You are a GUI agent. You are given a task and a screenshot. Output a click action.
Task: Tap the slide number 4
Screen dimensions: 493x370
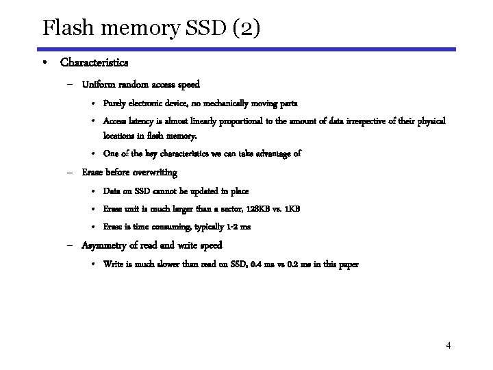pyautogui.click(x=448, y=345)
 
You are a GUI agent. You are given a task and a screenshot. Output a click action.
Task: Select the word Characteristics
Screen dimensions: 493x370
pyautogui.click(x=94, y=62)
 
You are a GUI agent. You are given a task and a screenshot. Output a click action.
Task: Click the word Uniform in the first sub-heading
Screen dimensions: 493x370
pyautogui.click(x=98, y=85)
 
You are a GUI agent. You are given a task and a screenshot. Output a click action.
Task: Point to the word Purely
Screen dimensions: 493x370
pyautogui.click(x=114, y=103)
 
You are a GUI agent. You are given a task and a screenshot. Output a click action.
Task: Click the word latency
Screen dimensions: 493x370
pyautogui.click(x=139, y=121)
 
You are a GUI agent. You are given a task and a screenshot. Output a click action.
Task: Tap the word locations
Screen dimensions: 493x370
pyautogui.click(x=120, y=135)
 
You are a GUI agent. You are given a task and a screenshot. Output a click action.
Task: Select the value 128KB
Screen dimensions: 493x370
pyautogui.click(x=251, y=208)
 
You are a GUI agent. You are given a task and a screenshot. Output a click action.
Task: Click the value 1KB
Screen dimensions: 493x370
pyautogui.click(x=291, y=208)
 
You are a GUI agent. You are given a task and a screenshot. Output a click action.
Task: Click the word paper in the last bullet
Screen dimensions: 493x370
pyautogui.click(x=346, y=263)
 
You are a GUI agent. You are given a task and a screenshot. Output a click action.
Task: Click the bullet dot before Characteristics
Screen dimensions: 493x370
pyautogui.click(x=43, y=62)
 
